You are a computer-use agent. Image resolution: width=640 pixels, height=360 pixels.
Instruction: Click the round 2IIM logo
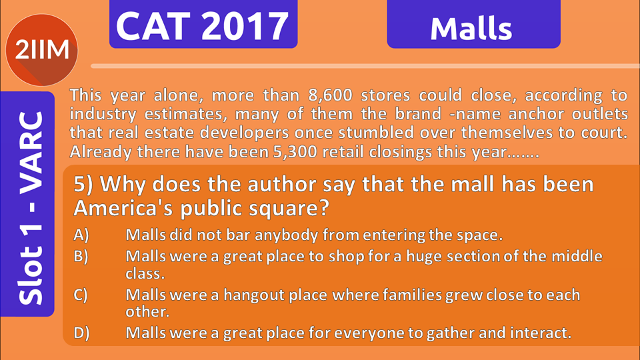click(x=41, y=50)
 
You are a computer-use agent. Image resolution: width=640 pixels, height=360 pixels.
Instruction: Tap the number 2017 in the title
click(x=245, y=26)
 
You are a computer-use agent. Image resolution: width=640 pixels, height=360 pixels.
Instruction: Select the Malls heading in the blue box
click(x=471, y=29)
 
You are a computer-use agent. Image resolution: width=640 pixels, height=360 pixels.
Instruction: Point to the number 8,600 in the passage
click(x=330, y=95)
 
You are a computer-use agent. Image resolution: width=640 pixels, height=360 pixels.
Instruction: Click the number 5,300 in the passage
click(x=295, y=152)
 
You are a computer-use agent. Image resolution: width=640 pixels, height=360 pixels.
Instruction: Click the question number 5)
click(x=83, y=185)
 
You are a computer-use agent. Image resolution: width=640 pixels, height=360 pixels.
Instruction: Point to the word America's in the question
click(x=124, y=208)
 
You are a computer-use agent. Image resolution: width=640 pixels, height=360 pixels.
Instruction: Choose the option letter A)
click(x=81, y=235)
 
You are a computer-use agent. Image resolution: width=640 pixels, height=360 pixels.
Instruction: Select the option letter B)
click(x=81, y=256)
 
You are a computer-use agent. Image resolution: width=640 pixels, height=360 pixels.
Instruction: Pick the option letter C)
click(x=81, y=295)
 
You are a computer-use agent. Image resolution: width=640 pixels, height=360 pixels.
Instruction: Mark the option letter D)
click(x=81, y=333)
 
